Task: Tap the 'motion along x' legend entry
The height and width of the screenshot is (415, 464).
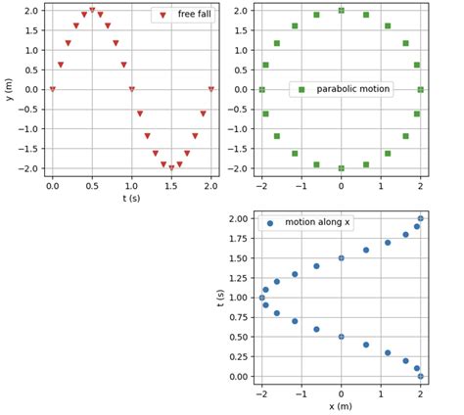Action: pyautogui.click(x=317, y=223)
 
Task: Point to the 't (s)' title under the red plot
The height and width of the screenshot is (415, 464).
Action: pyautogui.click(x=131, y=198)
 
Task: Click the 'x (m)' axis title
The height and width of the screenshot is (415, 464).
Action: pyautogui.click(x=341, y=405)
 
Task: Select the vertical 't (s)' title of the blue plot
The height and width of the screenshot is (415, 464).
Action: pyautogui.click(x=221, y=297)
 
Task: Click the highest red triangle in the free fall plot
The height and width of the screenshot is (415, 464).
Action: pyautogui.click(x=92, y=10)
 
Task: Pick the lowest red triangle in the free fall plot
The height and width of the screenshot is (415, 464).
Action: pyautogui.click(x=171, y=168)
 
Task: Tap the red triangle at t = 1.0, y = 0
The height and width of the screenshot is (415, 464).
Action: pyautogui.click(x=132, y=89)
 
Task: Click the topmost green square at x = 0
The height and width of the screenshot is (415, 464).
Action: pyautogui.click(x=341, y=10)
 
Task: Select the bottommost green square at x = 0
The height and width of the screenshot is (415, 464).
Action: pyautogui.click(x=341, y=168)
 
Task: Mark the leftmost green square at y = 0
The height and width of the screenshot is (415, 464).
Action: pyautogui.click(x=261, y=89)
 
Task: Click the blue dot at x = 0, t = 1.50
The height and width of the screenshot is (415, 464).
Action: pyautogui.click(x=341, y=258)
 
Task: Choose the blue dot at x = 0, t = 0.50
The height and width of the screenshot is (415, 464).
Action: pyautogui.click(x=341, y=337)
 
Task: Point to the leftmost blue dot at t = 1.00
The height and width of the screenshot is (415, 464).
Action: pyautogui.click(x=261, y=298)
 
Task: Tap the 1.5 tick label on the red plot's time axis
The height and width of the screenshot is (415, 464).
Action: pyautogui.click(x=171, y=184)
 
